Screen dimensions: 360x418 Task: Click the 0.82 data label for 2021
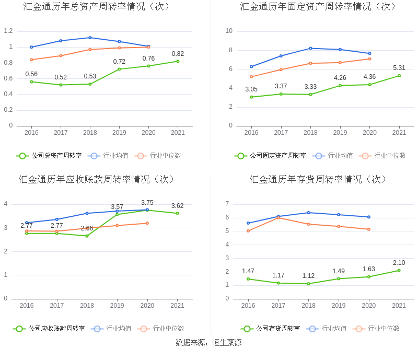click(178, 54)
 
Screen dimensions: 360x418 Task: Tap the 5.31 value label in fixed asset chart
click(399, 68)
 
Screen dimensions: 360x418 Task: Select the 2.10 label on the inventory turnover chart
click(399, 263)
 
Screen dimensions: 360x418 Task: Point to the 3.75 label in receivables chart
click(147, 203)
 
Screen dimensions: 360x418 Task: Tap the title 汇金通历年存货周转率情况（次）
click(319, 179)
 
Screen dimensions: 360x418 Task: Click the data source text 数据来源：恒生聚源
click(208, 343)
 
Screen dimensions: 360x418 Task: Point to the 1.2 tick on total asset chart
click(8, 31)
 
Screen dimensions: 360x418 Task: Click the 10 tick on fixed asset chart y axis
click(229, 31)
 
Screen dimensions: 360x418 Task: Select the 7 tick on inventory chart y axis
click(227, 204)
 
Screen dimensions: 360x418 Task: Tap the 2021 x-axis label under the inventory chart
click(399, 306)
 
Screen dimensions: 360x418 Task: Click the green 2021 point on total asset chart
click(178, 61)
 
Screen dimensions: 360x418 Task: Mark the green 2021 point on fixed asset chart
click(399, 75)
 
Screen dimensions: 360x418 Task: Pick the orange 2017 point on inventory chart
click(278, 217)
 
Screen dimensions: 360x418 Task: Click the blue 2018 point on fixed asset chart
click(310, 48)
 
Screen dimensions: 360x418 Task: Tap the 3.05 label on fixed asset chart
click(251, 89)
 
